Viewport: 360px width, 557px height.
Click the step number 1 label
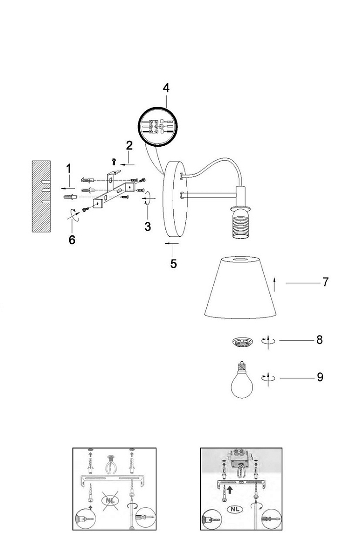pos(68,169)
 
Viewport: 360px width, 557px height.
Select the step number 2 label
pos(129,145)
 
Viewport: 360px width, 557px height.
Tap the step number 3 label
pos(147,227)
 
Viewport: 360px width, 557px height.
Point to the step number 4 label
pos(166,88)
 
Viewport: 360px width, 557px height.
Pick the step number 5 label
pos(173,263)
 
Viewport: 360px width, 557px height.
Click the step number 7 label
pos(325,282)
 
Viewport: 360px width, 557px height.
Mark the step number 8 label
pos(319,340)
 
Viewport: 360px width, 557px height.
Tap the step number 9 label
pos(320,377)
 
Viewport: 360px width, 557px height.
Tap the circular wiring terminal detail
pos(158,126)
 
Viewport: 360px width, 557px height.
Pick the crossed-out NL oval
pos(110,501)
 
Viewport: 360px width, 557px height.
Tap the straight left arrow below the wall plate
pos(171,243)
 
